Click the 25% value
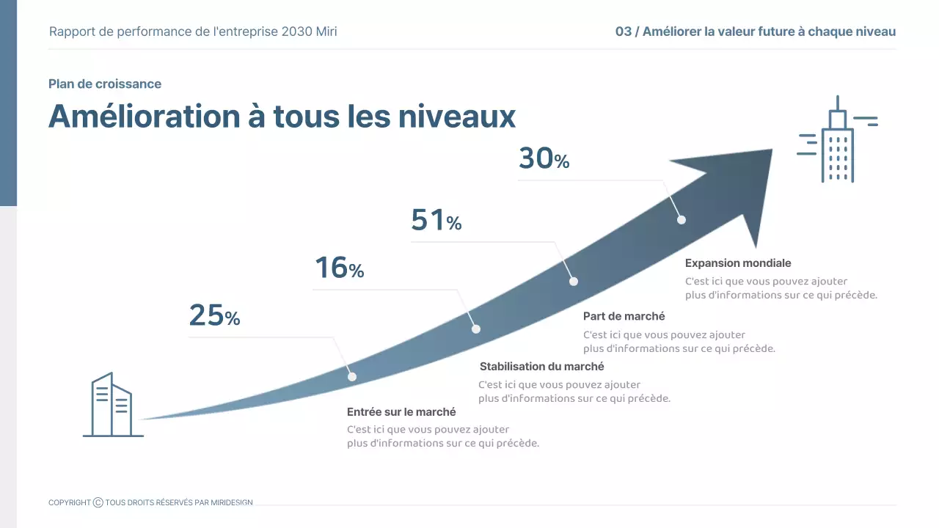pos(214,316)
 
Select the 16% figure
pos(339,268)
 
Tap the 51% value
pos(436,221)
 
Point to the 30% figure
pos(544,159)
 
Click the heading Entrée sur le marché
pos(401,412)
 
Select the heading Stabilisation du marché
pos(541,367)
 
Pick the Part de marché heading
pos(624,317)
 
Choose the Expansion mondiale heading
pos(738,263)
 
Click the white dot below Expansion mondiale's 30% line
pos(682,219)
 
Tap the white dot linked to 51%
pos(574,282)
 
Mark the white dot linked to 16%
pos(475,329)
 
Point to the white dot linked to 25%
pos(352,377)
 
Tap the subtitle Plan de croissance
pos(105,84)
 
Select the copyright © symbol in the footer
pos(98,502)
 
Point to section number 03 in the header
pos(623,32)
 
